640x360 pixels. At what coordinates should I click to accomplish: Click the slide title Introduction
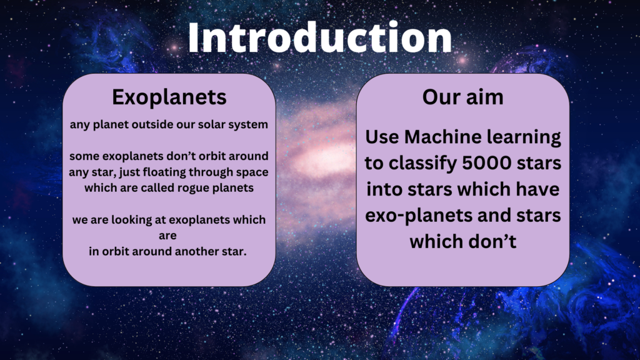(320, 37)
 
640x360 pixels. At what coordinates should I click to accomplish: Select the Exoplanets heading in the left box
(169, 97)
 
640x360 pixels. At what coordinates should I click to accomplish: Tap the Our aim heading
(463, 97)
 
